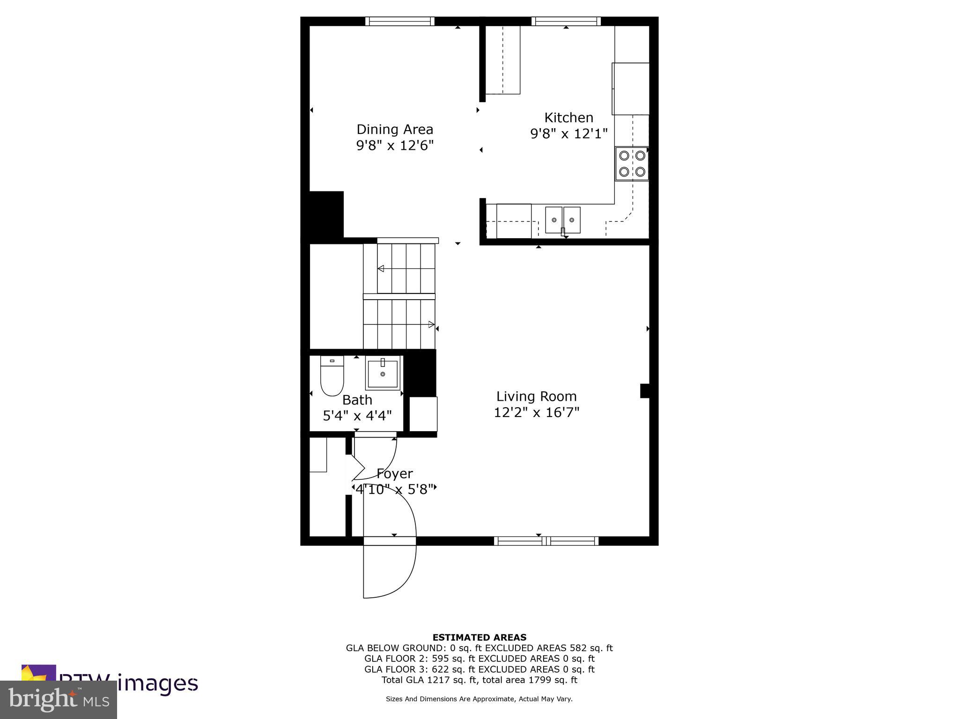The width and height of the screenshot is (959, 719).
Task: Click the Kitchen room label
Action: (x=568, y=117)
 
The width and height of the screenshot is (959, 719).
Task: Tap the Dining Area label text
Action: (x=395, y=129)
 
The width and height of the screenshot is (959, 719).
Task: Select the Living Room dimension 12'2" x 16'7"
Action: (x=537, y=412)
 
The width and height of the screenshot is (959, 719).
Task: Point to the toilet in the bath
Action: (x=332, y=375)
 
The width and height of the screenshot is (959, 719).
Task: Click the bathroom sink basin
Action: (x=383, y=373)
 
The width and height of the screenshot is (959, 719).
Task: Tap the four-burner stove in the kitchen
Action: (x=632, y=163)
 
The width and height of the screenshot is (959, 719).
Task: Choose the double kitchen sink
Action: (x=562, y=220)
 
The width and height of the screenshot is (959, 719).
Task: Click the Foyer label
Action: (x=394, y=474)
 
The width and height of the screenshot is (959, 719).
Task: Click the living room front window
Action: (x=546, y=541)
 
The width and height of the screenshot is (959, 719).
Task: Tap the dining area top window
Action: (x=399, y=21)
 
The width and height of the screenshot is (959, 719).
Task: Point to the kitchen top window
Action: (x=566, y=21)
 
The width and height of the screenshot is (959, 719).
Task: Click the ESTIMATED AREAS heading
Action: (x=479, y=637)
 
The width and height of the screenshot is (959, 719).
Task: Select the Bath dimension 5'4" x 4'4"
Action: (x=357, y=415)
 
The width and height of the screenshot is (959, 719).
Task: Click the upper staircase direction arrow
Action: (x=381, y=269)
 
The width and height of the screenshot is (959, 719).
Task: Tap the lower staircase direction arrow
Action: (x=431, y=324)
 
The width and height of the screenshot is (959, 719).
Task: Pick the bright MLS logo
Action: (x=59, y=699)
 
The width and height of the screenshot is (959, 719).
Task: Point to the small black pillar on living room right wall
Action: (x=645, y=391)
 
